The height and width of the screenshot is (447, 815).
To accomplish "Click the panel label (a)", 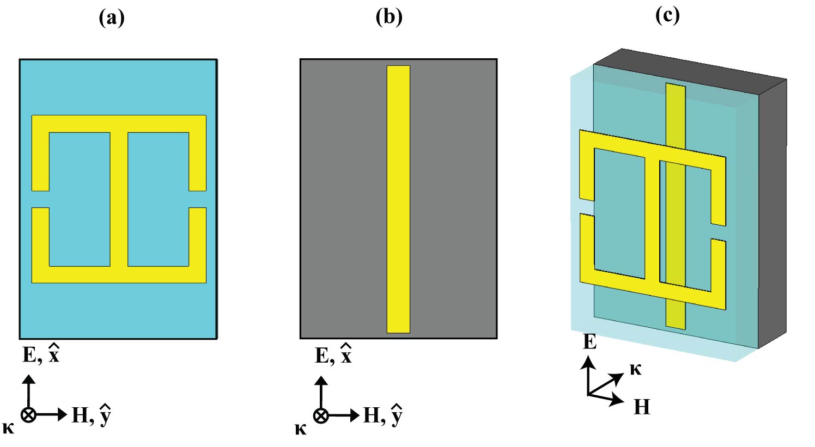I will pyautogui.click(x=112, y=18).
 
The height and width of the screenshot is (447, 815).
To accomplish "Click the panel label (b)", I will pyautogui.click(x=389, y=17).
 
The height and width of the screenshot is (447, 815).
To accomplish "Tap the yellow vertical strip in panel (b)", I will pyautogui.click(x=398, y=199).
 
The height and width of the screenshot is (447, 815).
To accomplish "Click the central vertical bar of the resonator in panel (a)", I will pyautogui.click(x=119, y=199).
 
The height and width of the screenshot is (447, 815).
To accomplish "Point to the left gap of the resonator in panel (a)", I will pyautogui.click(x=40, y=199).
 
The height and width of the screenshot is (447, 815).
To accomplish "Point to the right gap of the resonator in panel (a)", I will pyautogui.click(x=198, y=199).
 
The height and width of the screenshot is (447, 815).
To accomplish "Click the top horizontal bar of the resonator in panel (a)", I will pyautogui.click(x=119, y=124).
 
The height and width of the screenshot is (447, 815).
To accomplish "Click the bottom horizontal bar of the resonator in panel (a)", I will pyautogui.click(x=119, y=274).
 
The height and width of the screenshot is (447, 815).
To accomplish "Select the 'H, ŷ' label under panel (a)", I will pyautogui.click(x=92, y=415).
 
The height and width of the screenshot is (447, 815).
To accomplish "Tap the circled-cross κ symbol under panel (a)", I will pyautogui.click(x=28, y=415).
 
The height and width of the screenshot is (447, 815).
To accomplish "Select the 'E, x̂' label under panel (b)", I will pyautogui.click(x=333, y=355).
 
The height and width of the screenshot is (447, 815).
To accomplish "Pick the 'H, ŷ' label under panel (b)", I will pyautogui.click(x=383, y=415).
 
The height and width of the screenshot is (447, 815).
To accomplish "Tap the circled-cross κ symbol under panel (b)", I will pyautogui.click(x=321, y=415).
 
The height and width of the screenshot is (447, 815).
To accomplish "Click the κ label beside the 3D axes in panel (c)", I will pyautogui.click(x=635, y=369).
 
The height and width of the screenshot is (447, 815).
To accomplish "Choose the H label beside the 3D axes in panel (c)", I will pyautogui.click(x=642, y=407).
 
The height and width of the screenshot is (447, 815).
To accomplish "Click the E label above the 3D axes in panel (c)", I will pyautogui.click(x=590, y=342).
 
